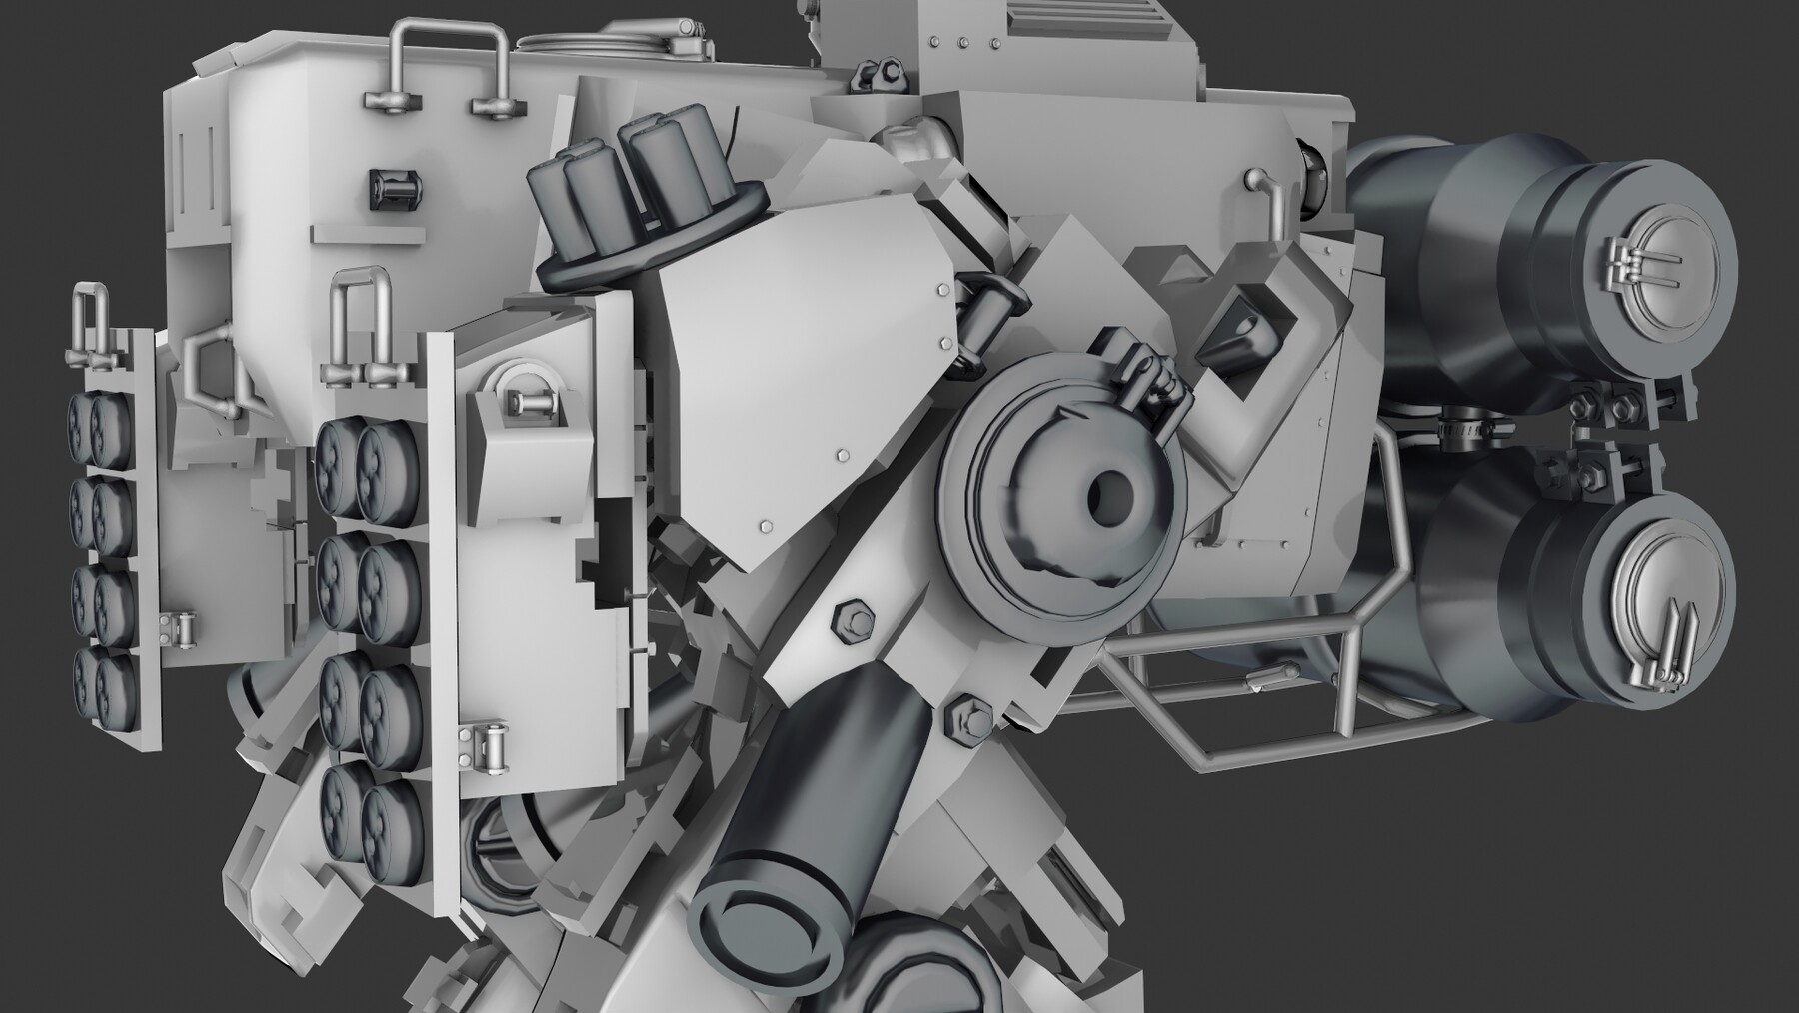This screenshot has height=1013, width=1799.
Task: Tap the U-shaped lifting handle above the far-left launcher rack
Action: point(90,320)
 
